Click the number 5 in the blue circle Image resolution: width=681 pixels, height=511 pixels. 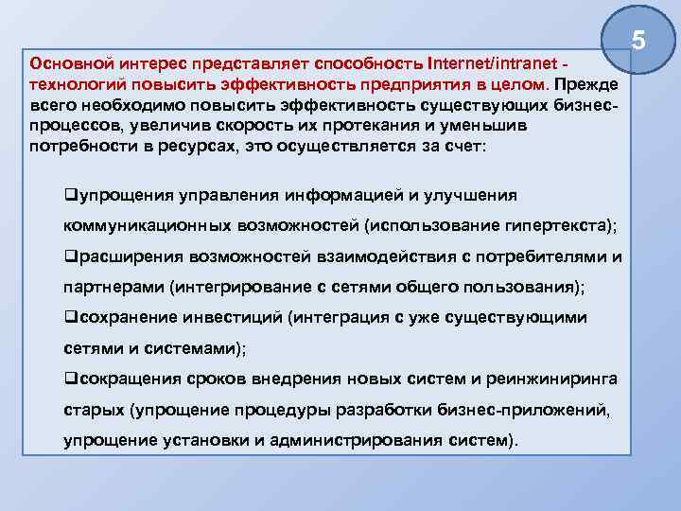[638, 41]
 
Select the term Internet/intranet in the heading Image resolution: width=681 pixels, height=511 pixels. [488, 64]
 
